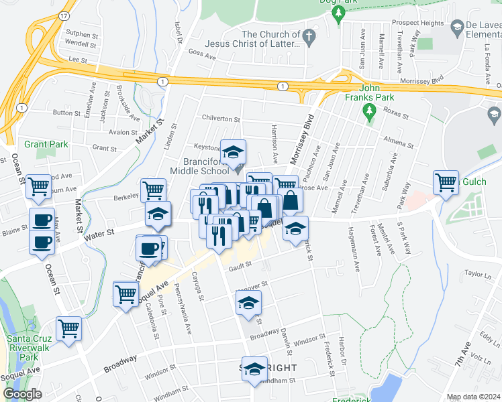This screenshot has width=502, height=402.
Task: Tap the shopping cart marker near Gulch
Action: click(446, 182)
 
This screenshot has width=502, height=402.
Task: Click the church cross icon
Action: click(309, 38)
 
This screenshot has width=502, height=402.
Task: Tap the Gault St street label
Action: click(239, 265)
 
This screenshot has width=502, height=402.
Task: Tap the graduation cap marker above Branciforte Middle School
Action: click(234, 152)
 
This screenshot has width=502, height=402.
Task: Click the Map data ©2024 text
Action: click(474, 397)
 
